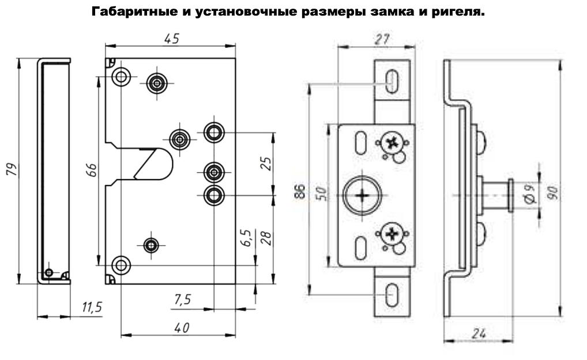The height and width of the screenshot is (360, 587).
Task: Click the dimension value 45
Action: point(171,39)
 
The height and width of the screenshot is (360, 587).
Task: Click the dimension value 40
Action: point(182,327)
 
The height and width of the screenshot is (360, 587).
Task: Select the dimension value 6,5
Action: point(246,238)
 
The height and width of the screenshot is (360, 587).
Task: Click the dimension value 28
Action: point(266,238)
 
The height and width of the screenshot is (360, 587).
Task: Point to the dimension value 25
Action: point(265,164)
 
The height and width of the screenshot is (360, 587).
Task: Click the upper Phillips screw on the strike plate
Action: point(392,142)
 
